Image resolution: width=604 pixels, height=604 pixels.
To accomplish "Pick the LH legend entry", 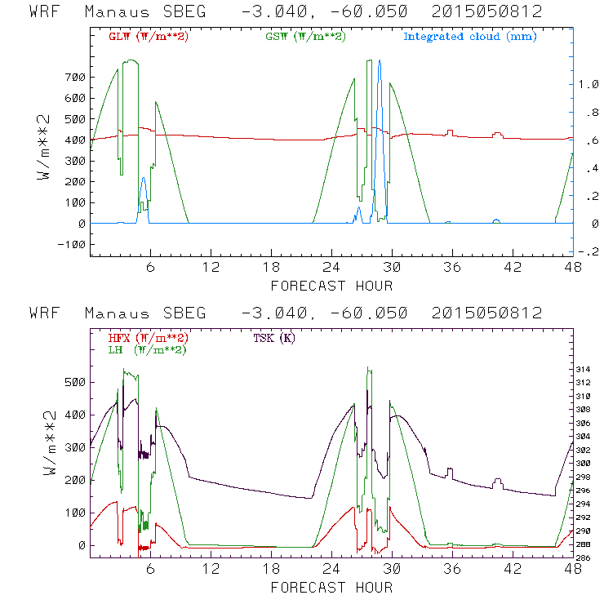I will [146, 350].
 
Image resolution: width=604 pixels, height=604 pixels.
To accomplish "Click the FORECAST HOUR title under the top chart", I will [331, 286].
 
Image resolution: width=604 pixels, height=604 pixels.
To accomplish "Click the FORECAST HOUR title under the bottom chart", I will [331, 588].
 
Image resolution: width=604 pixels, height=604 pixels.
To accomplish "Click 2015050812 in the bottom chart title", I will [489, 313].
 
